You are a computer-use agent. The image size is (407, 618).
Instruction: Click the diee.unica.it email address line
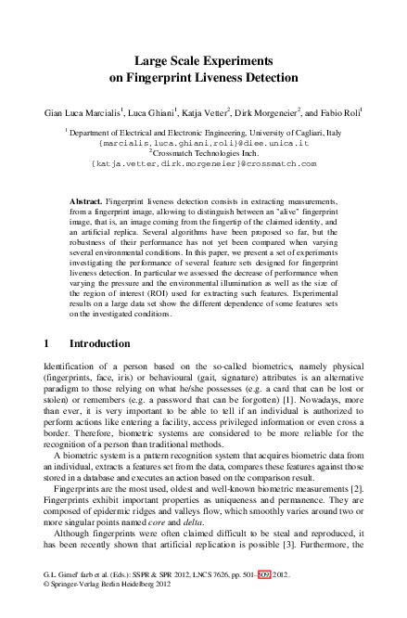[x=203, y=145]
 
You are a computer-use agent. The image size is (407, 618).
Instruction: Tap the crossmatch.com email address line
[x=203, y=163]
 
